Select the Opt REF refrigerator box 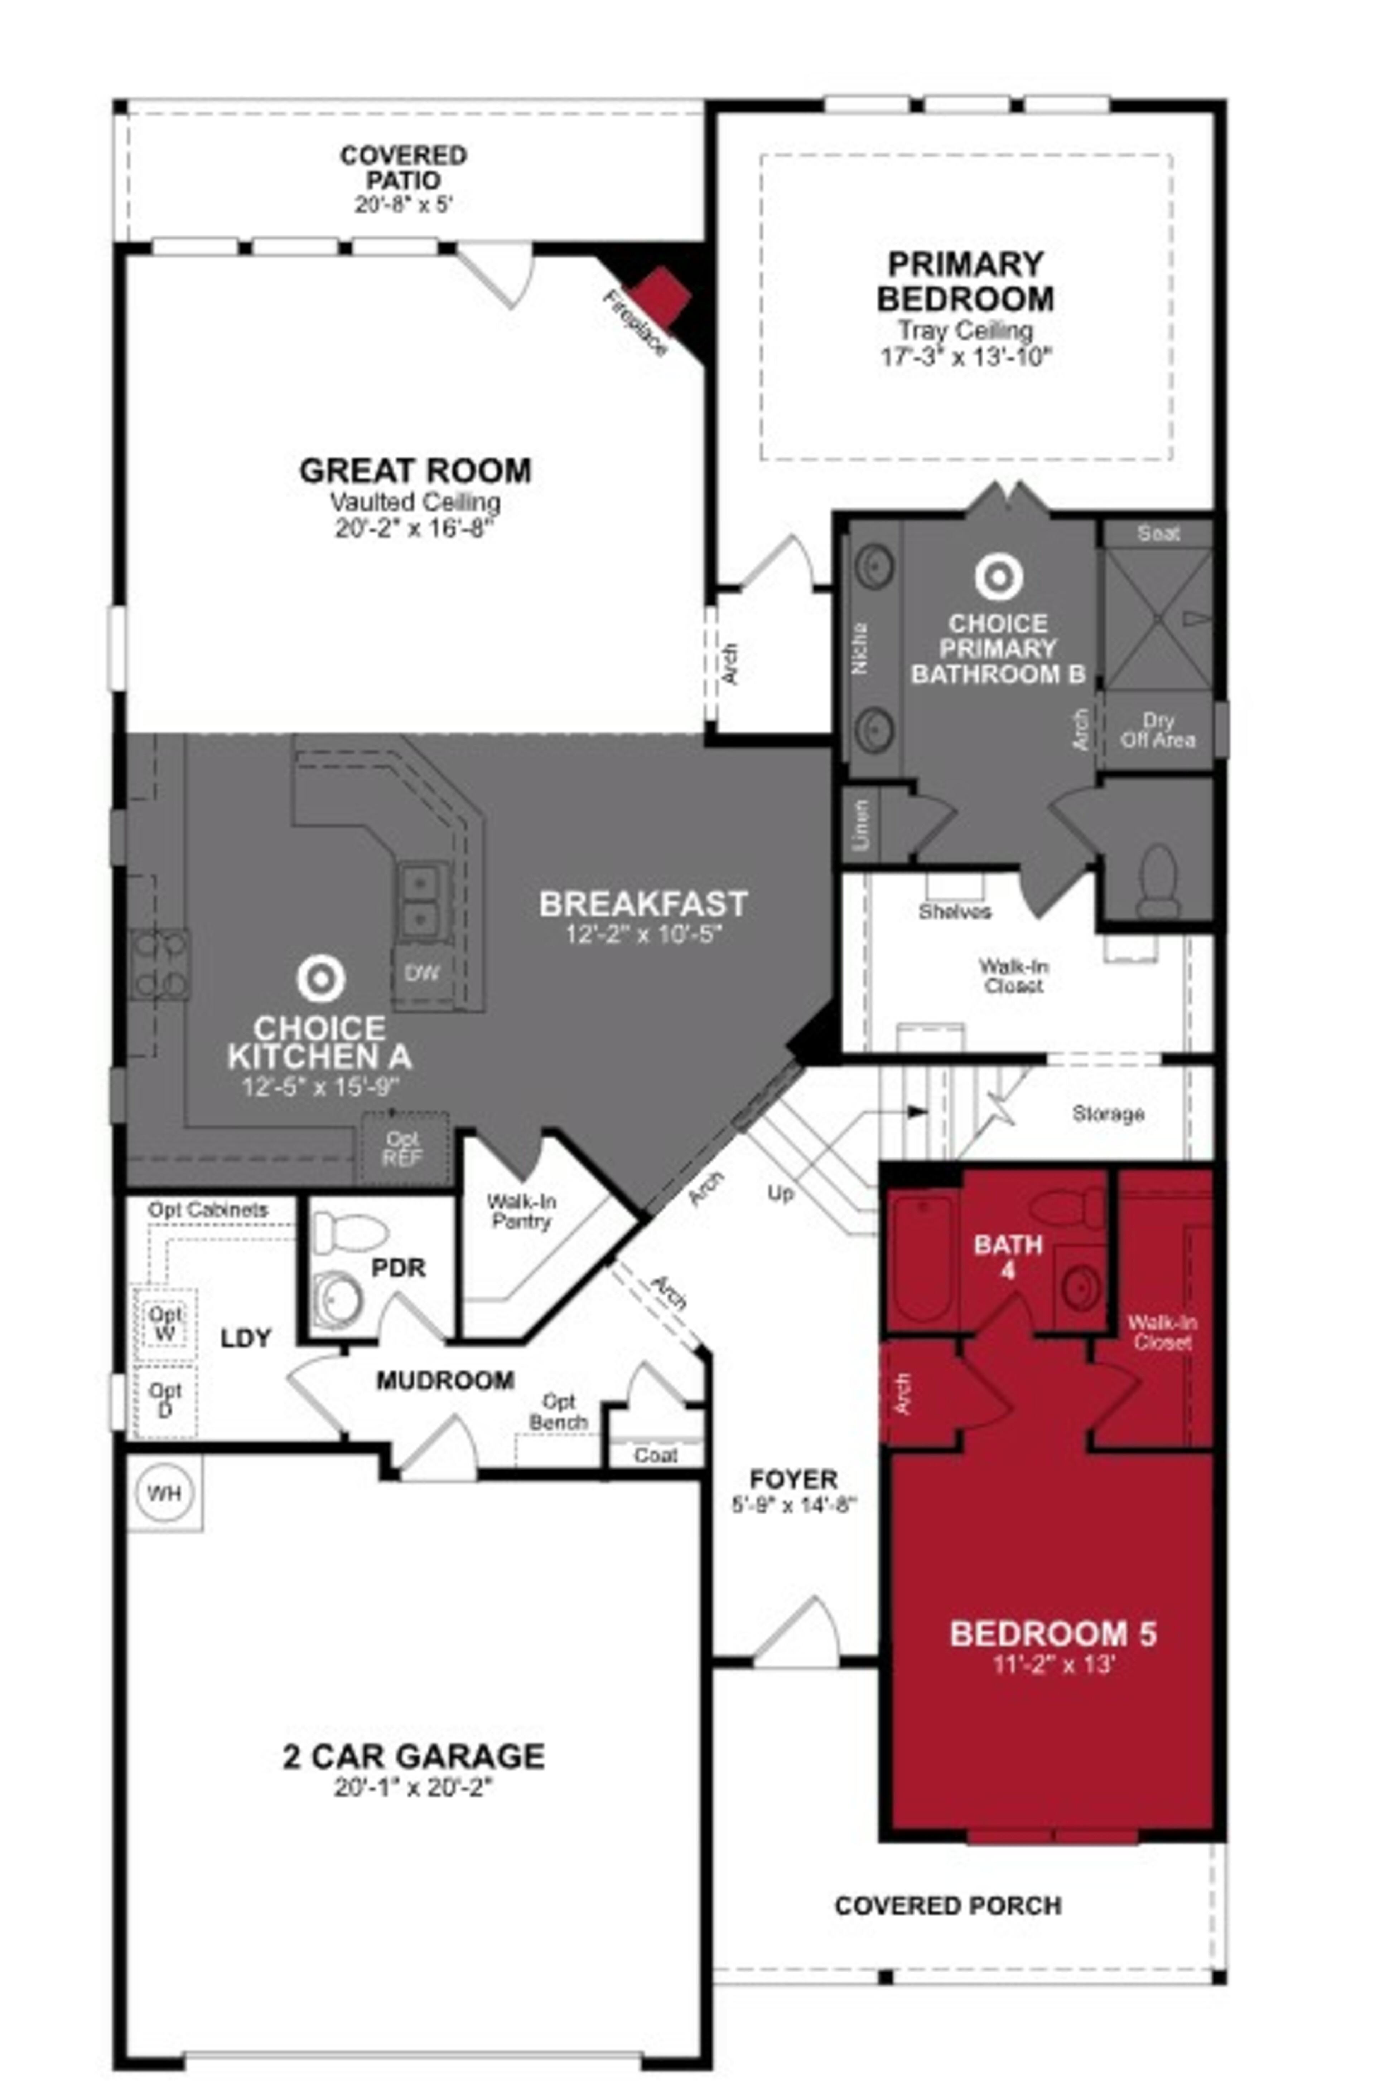[404, 1148]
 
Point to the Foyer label [793, 1480]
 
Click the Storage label [1108, 1114]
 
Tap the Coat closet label [656, 1455]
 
